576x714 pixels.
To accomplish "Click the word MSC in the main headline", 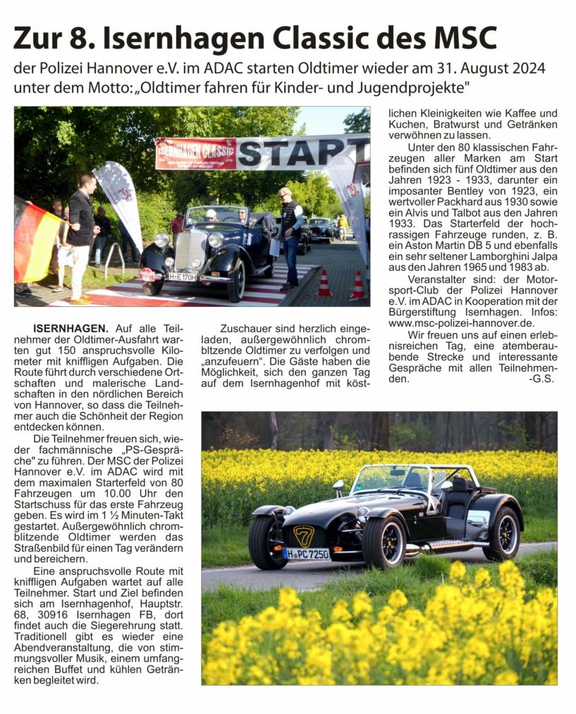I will [461, 37].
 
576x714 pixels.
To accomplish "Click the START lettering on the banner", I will [303, 154].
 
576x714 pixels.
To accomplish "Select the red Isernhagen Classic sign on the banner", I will [196, 153].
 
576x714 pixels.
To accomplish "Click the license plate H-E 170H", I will [182, 277].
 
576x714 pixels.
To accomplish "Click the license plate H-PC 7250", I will [306, 555].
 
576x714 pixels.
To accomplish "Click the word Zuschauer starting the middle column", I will [247, 328].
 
